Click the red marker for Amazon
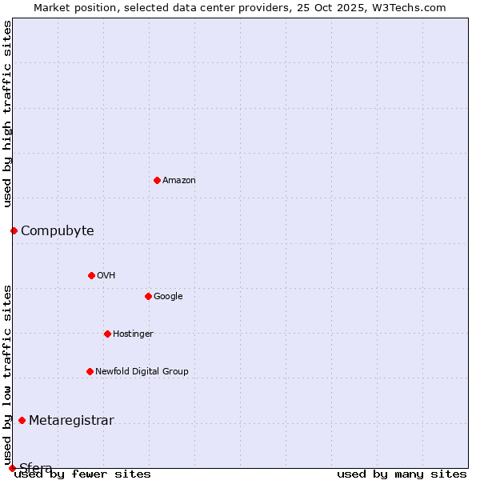tap(157, 180)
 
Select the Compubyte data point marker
tap(14, 230)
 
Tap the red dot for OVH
tap(91, 275)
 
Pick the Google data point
tap(148, 296)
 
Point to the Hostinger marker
tap(107, 334)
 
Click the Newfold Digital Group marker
tap(90, 371)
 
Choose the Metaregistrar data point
tap(22, 420)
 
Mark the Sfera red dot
tap(12, 468)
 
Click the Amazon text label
tap(179, 181)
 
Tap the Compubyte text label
tap(57, 231)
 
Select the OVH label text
tap(106, 276)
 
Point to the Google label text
tap(168, 297)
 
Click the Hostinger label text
tap(133, 334)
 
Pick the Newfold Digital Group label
tap(142, 372)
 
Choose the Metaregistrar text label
tap(71, 421)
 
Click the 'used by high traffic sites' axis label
tap(8, 114)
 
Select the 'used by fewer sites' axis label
tap(82, 474)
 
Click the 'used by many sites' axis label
tap(402, 474)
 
